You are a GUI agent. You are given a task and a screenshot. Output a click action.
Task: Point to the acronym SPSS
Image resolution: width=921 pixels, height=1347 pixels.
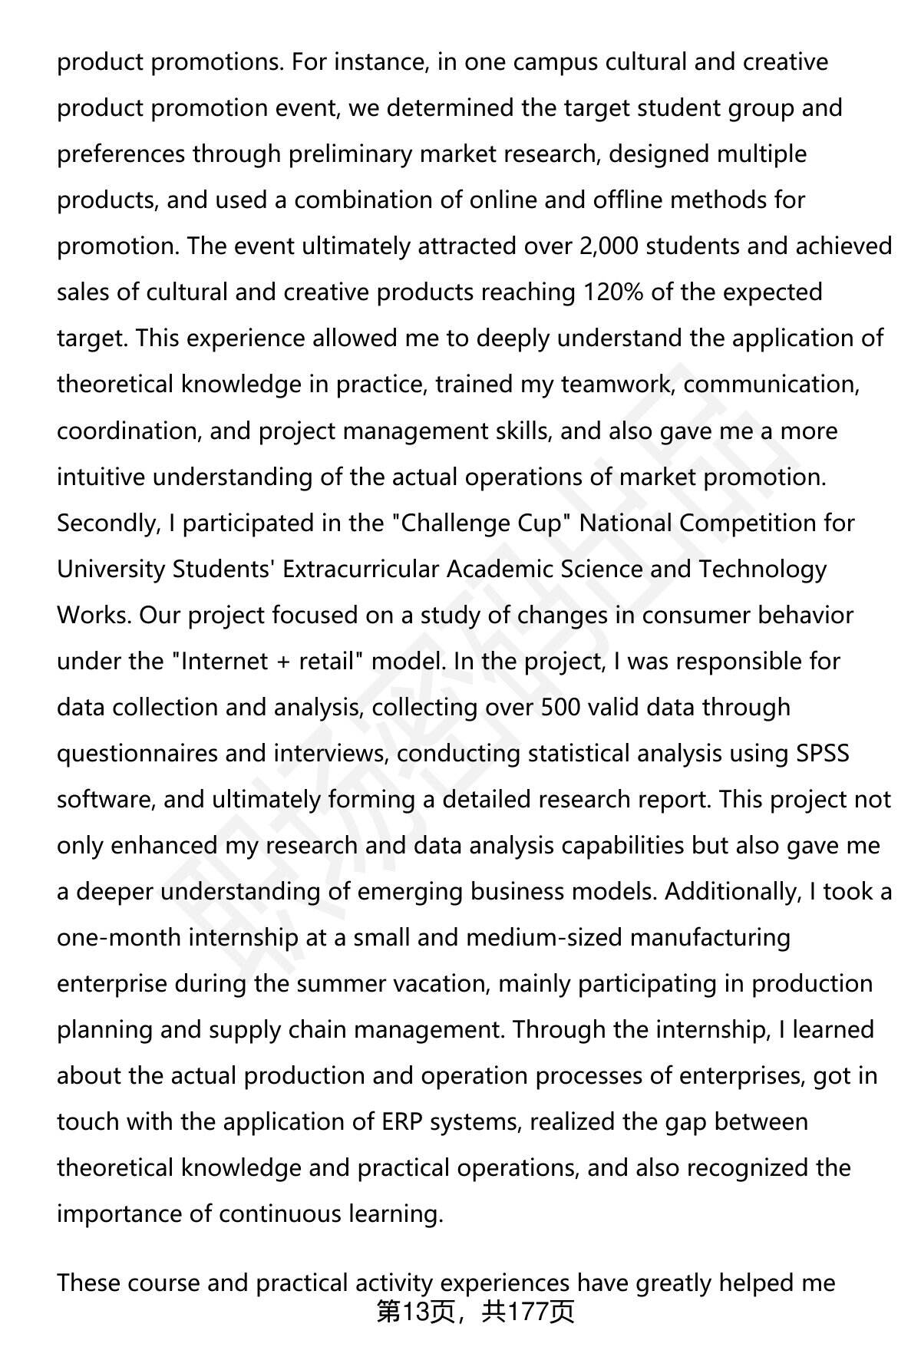[x=822, y=753]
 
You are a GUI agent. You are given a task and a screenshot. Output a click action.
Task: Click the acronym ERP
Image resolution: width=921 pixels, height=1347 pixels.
[x=401, y=1121]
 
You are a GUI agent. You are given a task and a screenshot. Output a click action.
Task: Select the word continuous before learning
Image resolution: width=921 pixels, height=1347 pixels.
[x=279, y=1213]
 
